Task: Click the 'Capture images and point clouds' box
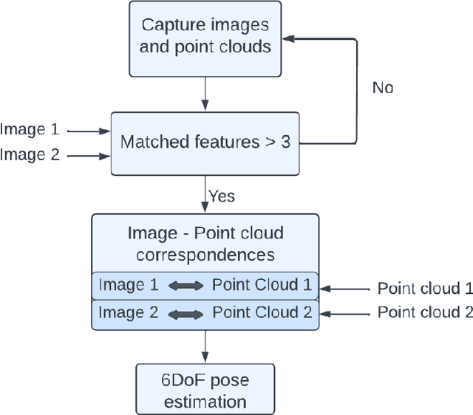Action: pyautogui.click(x=205, y=38)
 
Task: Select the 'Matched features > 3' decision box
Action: pyautogui.click(x=205, y=143)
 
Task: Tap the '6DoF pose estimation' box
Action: pyautogui.click(x=205, y=391)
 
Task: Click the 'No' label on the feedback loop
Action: pyautogui.click(x=382, y=88)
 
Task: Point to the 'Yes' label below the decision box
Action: pyautogui.click(x=222, y=196)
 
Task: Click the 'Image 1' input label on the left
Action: pyautogui.click(x=30, y=130)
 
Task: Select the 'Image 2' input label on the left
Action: pyautogui.click(x=30, y=154)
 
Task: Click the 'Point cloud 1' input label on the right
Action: pyautogui.click(x=424, y=289)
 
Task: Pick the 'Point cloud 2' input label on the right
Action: pyautogui.click(x=424, y=312)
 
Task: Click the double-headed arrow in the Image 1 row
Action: pyautogui.click(x=185, y=286)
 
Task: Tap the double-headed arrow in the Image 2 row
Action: pyautogui.click(x=185, y=313)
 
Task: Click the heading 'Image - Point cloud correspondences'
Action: pyautogui.click(x=205, y=244)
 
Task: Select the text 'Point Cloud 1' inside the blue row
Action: pyautogui.click(x=262, y=285)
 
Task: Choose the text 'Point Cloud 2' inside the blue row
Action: pyautogui.click(x=262, y=312)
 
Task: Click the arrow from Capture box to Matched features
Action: pyautogui.click(x=205, y=93)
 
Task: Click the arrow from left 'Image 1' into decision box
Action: pyautogui.click(x=89, y=131)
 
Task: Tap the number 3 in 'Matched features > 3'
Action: pyautogui.click(x=285, y=143)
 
